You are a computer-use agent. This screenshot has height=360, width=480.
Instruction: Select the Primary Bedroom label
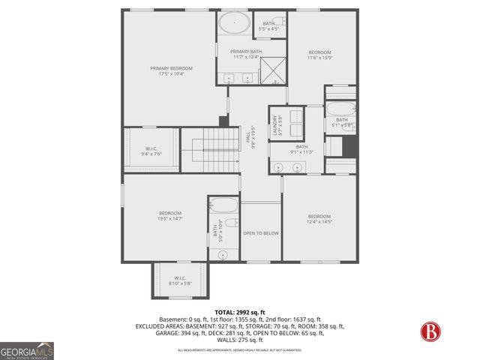166,70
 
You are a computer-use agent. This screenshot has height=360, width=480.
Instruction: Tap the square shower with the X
272,71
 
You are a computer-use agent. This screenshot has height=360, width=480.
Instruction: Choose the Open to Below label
260,233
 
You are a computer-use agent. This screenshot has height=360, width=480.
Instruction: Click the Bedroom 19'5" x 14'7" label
170,216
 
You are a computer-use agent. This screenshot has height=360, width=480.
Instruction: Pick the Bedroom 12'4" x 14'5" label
319,218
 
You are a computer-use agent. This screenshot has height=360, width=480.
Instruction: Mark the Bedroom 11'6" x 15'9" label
319,55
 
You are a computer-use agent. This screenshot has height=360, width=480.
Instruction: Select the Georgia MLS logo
27,351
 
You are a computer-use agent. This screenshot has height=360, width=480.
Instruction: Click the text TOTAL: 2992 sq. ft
239,312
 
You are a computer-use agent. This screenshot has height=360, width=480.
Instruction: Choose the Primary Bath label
245,54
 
